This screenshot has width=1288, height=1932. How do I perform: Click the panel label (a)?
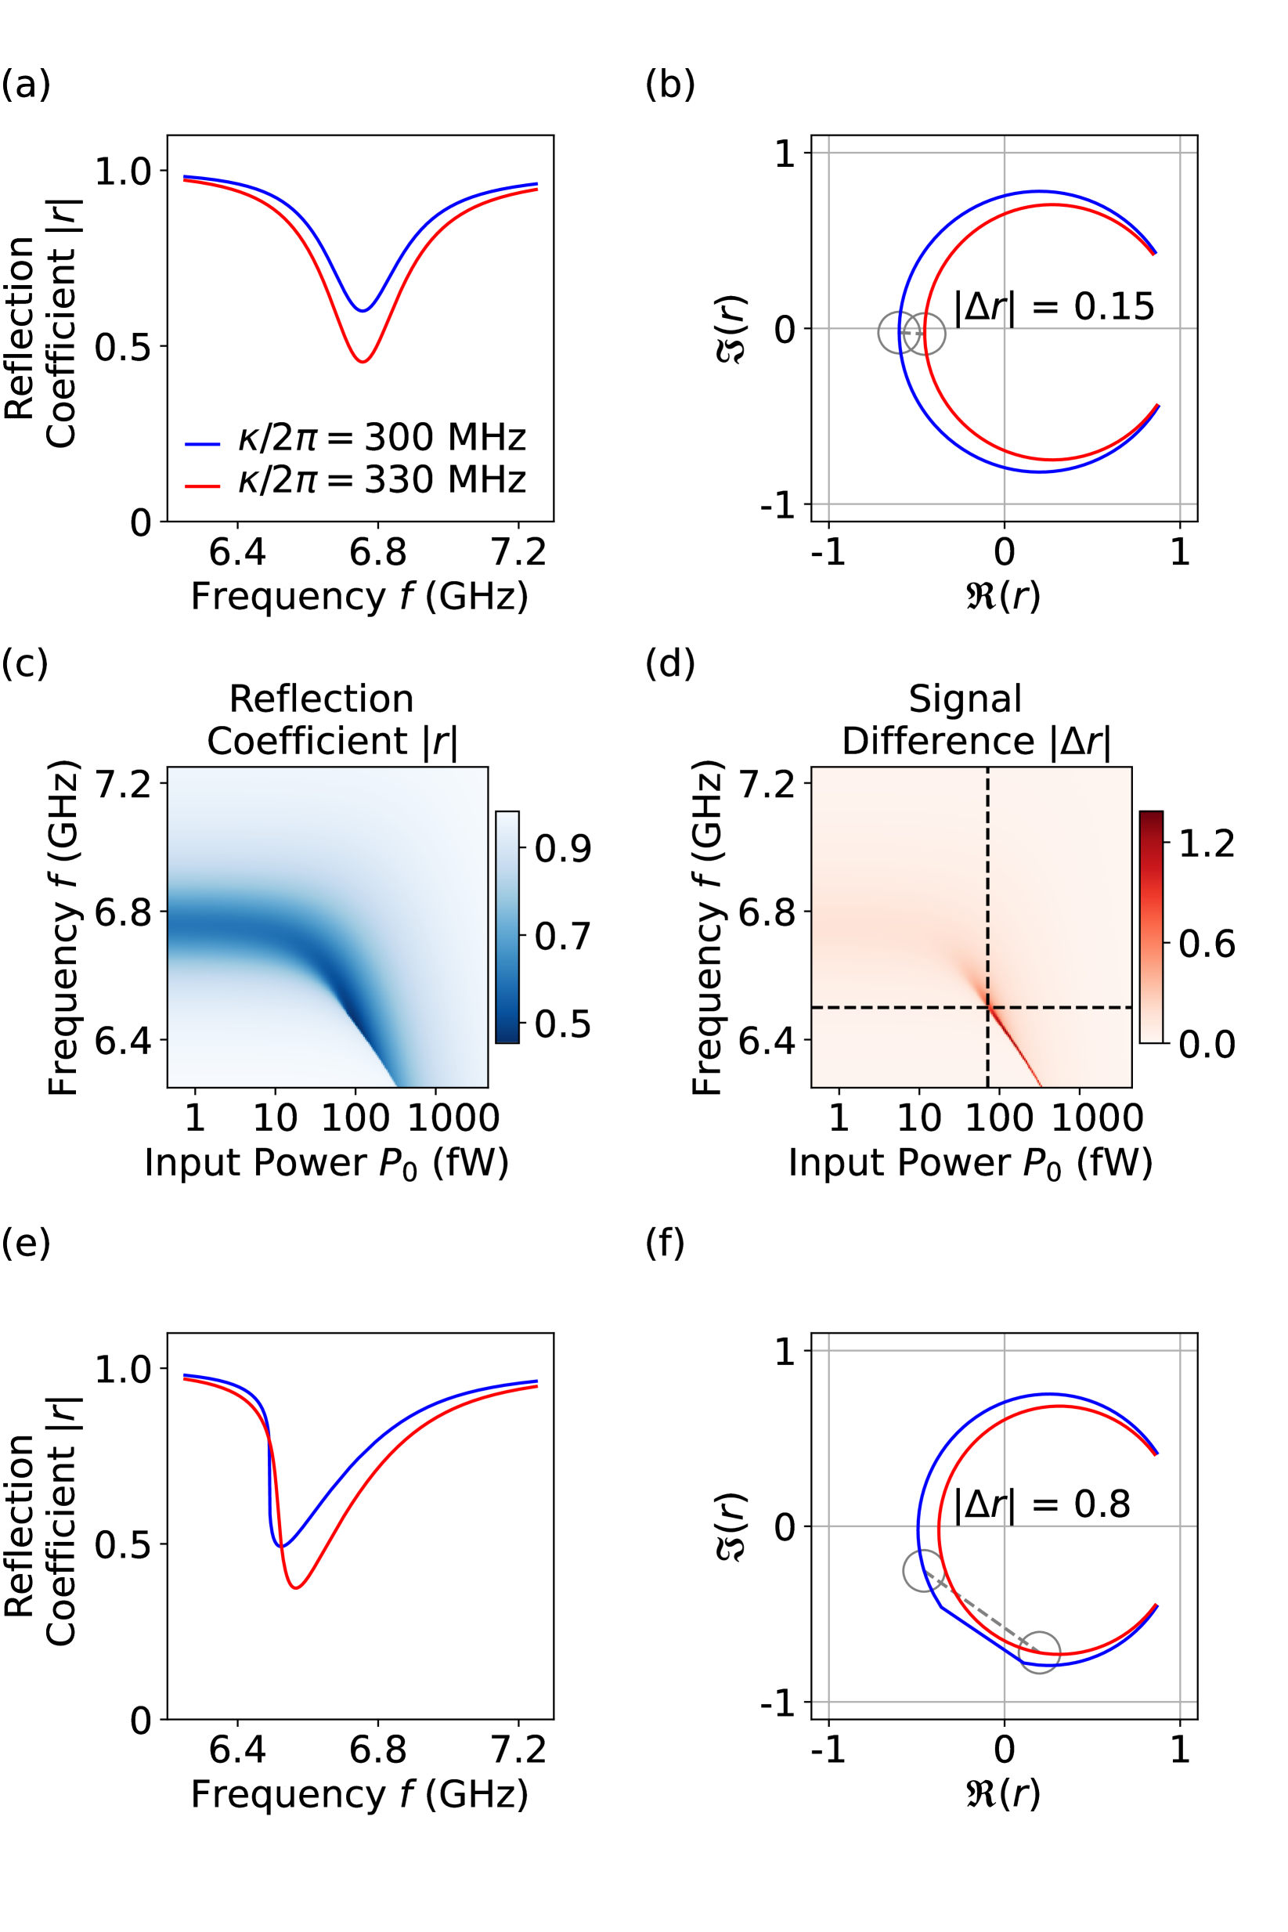pos(26,85)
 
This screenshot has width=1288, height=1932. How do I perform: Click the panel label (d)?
pos(670,663)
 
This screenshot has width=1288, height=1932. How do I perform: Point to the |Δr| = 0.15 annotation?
pos(1054,307)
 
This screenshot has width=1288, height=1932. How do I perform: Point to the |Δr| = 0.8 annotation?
pos(1041,1505)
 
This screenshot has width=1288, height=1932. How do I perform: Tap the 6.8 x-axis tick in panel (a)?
pos(378,552)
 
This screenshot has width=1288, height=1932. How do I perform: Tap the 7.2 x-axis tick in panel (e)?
pos(518,1750)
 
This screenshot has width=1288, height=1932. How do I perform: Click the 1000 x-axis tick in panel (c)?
pos(453,1118)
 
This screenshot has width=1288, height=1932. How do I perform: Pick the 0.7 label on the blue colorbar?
pos(563,937)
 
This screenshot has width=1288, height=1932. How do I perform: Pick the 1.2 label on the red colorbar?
pos(1207,843)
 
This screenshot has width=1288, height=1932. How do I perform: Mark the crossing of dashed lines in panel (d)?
pos(987,1007)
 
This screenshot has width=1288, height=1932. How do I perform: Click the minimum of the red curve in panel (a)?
pos(363,362)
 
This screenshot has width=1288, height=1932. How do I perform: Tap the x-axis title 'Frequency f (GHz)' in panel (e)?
pos(359,1795)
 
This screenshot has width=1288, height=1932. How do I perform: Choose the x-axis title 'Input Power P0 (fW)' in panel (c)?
pos(326,1163)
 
